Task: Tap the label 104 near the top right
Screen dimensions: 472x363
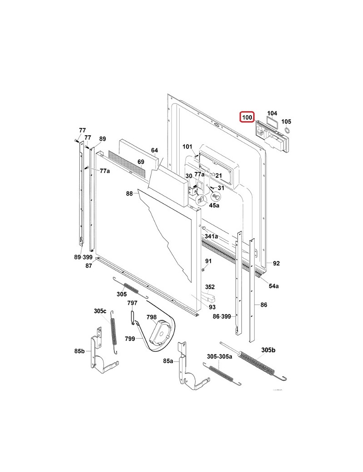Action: point(272,113)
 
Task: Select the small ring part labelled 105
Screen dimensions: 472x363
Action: point(287,131)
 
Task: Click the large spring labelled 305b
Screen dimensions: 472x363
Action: point(258,361)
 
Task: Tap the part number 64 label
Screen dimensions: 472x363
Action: point(154,150)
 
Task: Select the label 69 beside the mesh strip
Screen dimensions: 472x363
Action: point(141,162)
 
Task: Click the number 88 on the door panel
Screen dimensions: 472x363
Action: point(130,194)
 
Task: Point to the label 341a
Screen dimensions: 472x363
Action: point(211,236)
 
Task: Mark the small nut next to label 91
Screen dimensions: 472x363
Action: point(203,270)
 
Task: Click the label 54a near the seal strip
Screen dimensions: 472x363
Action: point(274,285)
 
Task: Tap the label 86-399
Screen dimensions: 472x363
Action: point(222,317)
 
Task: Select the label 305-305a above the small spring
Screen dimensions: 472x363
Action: point(220,356)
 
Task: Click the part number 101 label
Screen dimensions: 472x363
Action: point(187,147)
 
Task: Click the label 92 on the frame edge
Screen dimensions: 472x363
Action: point(276,263)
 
